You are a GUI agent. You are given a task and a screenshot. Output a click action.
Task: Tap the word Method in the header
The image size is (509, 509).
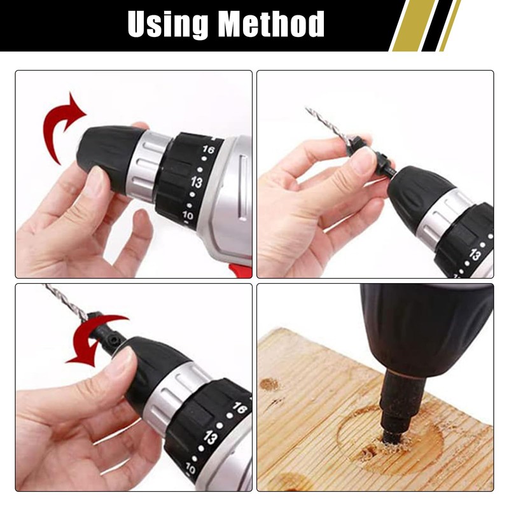[x=271, y=25]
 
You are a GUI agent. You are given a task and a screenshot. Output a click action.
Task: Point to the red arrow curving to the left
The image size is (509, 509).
[x=95, y=337]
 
